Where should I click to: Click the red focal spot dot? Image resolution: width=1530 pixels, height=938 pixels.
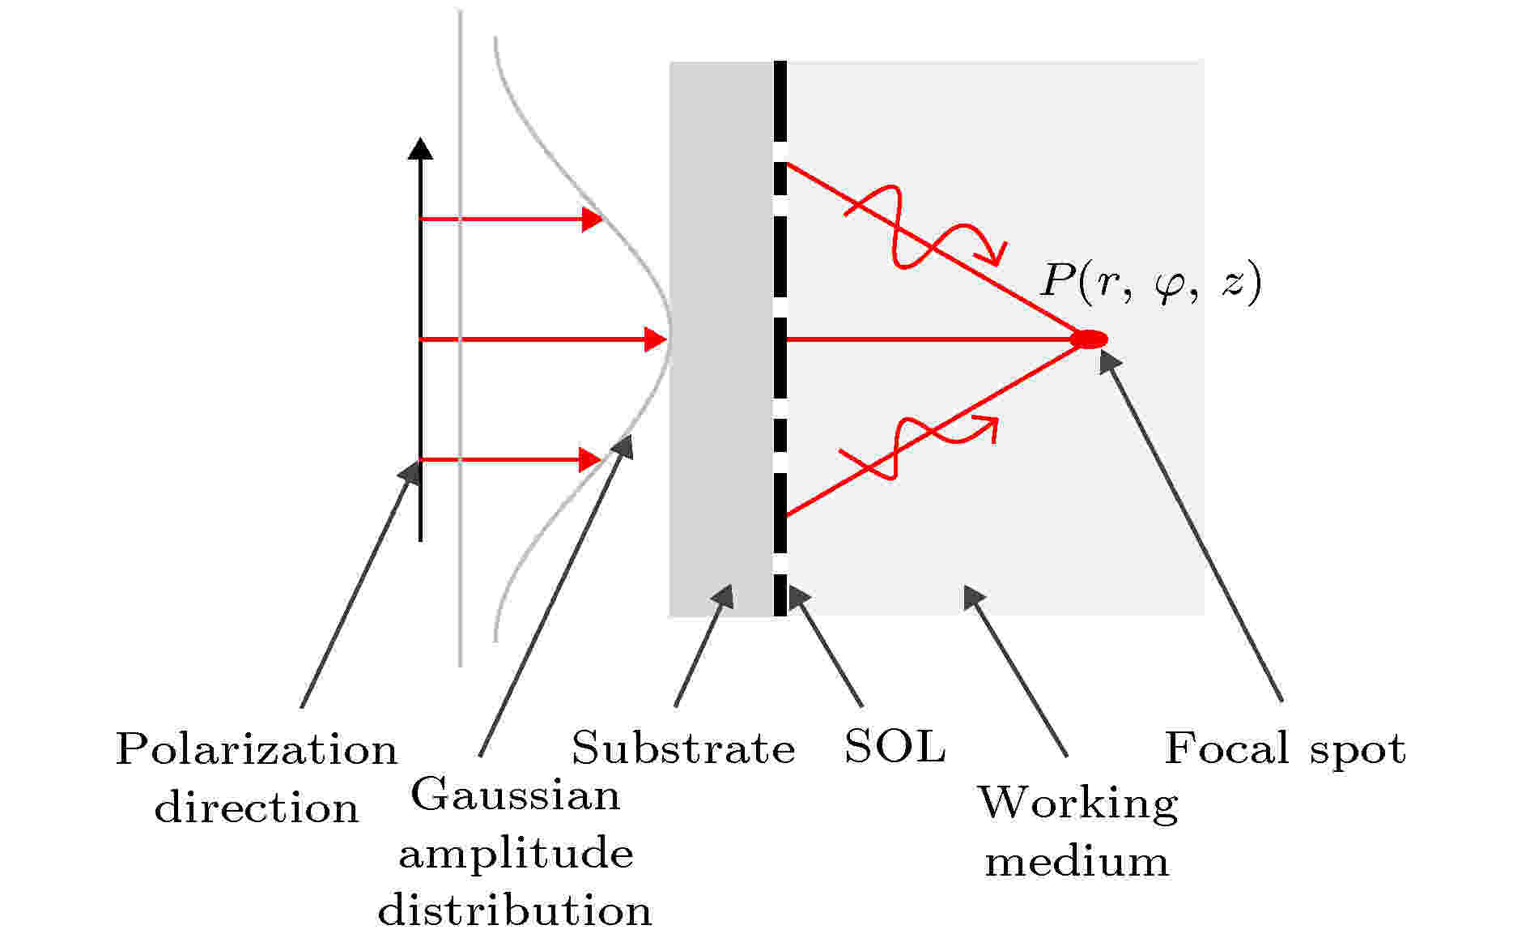[1089, 339]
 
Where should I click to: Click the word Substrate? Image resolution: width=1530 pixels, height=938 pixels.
[683, 748]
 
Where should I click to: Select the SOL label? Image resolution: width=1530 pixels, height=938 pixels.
[894, 746]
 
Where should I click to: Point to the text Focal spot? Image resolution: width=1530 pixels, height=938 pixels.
[1285, 748]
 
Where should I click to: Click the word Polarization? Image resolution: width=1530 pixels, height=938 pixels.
[257, 749]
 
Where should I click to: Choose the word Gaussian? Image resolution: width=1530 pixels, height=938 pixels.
[516, 795]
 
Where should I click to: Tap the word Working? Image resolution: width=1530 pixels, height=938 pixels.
[1077, 804]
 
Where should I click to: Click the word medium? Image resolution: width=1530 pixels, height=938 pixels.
[1077, 861]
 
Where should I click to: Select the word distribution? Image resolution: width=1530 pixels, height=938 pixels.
[515, 910]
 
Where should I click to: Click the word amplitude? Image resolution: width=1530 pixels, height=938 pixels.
[516, 854]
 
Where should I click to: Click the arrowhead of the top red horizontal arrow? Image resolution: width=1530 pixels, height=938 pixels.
[593, 219]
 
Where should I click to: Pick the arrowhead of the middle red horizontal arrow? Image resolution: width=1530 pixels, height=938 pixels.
[655, 339]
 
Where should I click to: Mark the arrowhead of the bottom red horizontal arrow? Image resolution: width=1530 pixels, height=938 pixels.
[591, 460]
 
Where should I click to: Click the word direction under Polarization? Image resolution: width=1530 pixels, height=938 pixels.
[256, 808]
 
